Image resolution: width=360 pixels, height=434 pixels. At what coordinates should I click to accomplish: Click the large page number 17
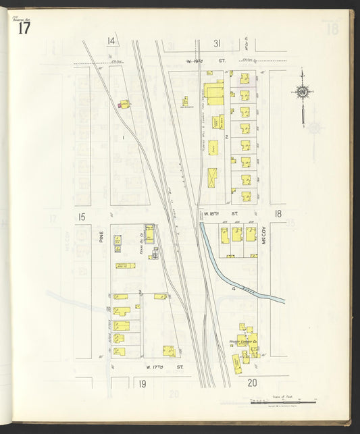click(x=24, y=28)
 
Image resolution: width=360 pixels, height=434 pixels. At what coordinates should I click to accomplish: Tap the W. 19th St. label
click(x=197, y=61)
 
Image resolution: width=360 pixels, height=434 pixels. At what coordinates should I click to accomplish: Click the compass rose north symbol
click(x=303, y=92)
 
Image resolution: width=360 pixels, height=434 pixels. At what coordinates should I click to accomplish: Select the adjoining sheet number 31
click(x=217, y=43)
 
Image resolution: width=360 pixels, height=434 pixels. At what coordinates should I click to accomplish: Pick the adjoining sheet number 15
click(x=82, y=217)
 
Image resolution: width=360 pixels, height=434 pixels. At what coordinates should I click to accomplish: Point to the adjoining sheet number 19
click(x=143, y=383)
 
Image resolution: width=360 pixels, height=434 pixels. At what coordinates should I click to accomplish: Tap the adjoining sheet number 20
click(x=253, y=383)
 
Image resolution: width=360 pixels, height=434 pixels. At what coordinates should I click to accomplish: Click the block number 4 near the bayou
click(x=234, y=288)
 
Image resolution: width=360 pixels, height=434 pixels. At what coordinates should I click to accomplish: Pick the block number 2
click(x=227, y=137)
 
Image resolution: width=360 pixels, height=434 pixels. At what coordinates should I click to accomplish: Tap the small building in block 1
click(x=124, y=104)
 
